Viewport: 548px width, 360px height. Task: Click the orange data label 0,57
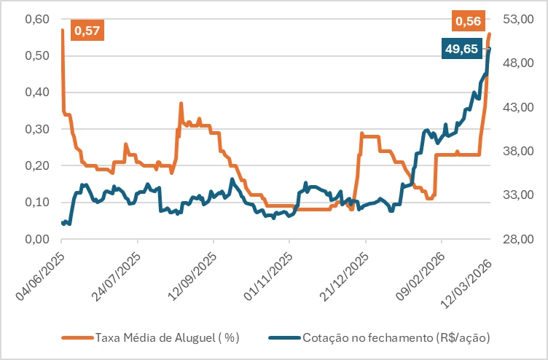click(x=87, y=30)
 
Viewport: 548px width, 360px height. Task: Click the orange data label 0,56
click(x=468, y=22)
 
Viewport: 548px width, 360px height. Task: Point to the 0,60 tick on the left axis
click(x=37, y=19)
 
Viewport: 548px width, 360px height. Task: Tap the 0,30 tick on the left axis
click(x=37, y=129)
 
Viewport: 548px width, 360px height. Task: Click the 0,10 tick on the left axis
click(x=37, y=202)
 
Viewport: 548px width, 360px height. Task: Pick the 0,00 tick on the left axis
click(x=37, y=239)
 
